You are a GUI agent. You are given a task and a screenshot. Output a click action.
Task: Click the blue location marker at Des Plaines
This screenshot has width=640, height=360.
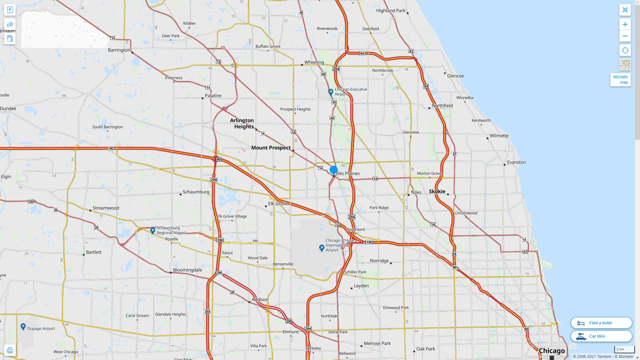click(333, 170)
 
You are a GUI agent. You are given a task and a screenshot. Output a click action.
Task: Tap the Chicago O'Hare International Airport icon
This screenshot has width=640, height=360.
click(322, 248)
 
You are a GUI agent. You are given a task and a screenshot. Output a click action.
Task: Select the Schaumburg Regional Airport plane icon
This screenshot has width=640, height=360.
click(153, 230)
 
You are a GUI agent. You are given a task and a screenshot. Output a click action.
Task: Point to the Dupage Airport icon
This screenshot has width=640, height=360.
click(23, 327)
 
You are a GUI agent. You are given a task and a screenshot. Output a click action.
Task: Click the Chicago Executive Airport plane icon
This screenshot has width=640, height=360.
click(331, 92)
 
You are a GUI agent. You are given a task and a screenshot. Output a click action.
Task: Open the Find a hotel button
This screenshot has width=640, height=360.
click(601, 323)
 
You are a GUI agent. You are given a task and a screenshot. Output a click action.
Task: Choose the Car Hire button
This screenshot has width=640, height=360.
click(601, 336)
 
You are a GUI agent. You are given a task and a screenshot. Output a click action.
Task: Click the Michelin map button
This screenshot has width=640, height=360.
click(620, 80)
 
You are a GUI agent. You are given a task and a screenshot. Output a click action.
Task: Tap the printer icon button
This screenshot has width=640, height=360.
click(10, 350)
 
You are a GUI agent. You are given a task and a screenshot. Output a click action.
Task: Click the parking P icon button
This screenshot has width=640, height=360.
click(10, 10)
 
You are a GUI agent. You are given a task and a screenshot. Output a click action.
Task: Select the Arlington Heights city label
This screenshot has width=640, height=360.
click(242, 123)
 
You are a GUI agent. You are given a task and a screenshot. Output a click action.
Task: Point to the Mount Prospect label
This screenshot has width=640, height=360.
click(271, 148)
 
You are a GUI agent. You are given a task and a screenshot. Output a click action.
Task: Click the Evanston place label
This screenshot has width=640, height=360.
click(516, 162)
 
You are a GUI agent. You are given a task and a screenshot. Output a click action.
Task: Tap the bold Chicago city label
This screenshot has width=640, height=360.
click(552, 351)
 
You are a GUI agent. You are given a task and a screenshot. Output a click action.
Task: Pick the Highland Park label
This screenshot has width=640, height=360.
click(391, 11)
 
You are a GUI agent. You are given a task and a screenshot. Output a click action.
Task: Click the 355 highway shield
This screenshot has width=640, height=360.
click(207, 312)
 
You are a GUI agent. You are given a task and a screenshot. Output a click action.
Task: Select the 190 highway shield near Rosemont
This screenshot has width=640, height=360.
click(369, 242)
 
